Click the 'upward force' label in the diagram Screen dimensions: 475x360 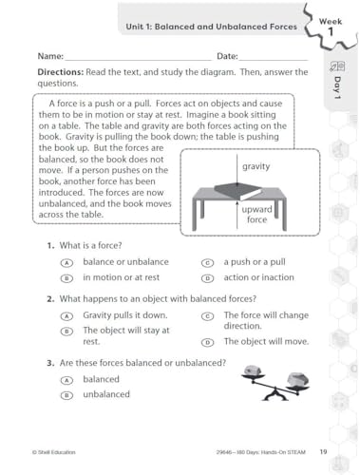[256, 214]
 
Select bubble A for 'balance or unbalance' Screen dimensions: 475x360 [66, 262]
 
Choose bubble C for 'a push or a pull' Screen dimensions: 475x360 [206, 262]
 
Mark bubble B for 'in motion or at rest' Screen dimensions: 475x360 [66, 278]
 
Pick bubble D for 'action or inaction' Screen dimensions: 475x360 [206, 278]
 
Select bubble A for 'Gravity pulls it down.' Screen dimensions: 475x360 [66, 315]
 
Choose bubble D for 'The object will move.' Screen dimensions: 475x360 [206, 341]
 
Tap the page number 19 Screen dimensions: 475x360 [323, 451]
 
